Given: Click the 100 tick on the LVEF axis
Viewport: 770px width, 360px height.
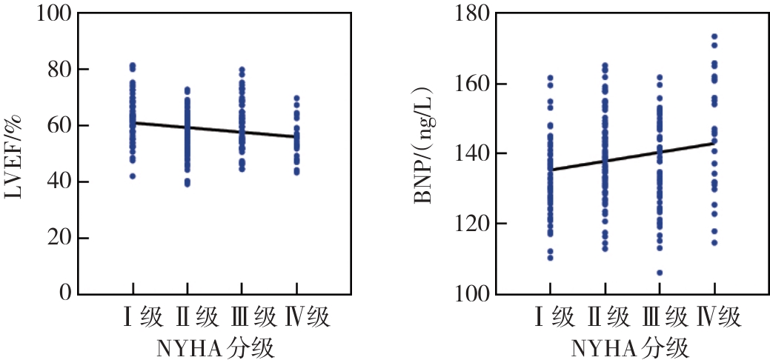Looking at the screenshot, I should (x=53, y=13).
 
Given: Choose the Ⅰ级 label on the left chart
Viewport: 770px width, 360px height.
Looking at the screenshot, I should (x=143, y=318).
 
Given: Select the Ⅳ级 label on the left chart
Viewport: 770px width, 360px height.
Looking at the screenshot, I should (x=308, y=318).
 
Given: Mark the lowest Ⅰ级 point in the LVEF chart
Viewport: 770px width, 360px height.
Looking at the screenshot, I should (x=133, y=176).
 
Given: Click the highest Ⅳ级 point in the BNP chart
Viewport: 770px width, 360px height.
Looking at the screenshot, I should (x=714, y=36).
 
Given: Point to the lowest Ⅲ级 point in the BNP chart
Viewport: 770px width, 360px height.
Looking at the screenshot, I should (x=660, y=273).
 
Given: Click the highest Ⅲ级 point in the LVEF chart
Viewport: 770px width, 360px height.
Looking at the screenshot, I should (x=242, y=70).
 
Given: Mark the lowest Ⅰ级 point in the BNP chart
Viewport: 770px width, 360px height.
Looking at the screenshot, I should (x=550, y=258).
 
